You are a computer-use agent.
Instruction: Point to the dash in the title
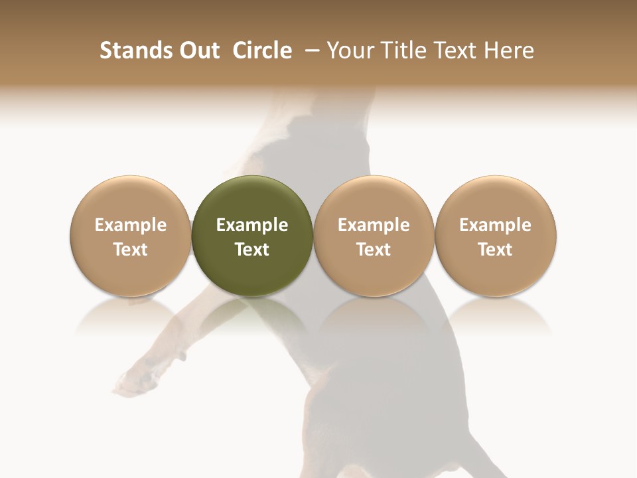(x=310, y=50)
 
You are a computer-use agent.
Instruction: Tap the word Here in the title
(x=510, y=50)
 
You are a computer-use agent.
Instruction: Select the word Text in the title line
(x=455, y=50)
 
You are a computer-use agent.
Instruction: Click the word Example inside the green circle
(x=252, y=225)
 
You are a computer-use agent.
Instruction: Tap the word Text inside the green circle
(x=252, y=250)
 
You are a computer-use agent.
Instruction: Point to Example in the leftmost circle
(x=131, y=225)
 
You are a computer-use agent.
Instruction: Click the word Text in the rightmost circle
(x=496, y=250)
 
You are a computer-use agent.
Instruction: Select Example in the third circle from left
(x=374, y=225)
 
